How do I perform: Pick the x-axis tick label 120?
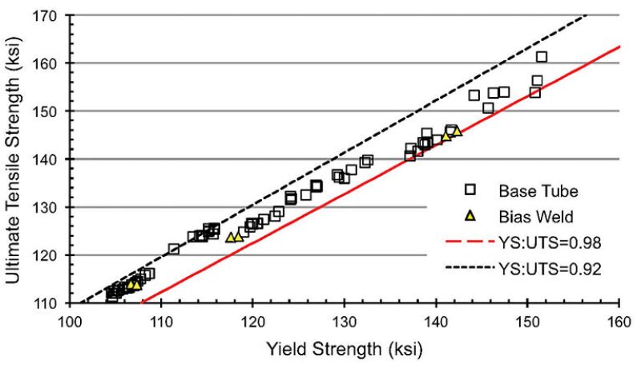[x=253, y=322]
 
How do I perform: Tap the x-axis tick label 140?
[x=436, y=322]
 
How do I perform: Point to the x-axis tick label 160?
[x=619, y=322]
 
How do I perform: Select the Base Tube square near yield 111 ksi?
[x=174, y=249]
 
